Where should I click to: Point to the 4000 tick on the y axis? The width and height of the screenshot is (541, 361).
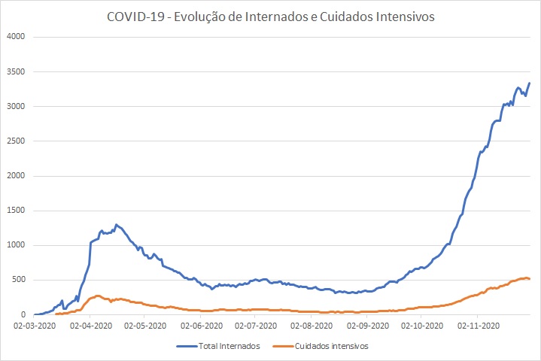click(x=16, y=37)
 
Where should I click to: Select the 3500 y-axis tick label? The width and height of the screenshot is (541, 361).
click(x=16, y=71)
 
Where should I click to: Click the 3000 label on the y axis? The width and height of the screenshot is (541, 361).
click(x=16, y=106)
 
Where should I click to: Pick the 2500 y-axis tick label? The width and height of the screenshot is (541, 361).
click(x=16, y=141)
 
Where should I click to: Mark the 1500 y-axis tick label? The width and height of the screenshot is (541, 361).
click(x=16, y=211)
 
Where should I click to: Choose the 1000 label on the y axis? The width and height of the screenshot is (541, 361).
click(x=16, y=245)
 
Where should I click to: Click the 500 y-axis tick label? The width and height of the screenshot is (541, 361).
click(x=19, y=280)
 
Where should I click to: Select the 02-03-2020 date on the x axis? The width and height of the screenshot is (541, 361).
click(x=35, y=326)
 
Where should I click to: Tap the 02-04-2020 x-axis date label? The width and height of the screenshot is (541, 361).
click(x=90, y=326)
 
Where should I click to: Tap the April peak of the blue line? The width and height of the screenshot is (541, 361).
click(x=116, y=224)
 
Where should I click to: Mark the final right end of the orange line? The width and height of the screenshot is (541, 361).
click(x=530, y=279)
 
